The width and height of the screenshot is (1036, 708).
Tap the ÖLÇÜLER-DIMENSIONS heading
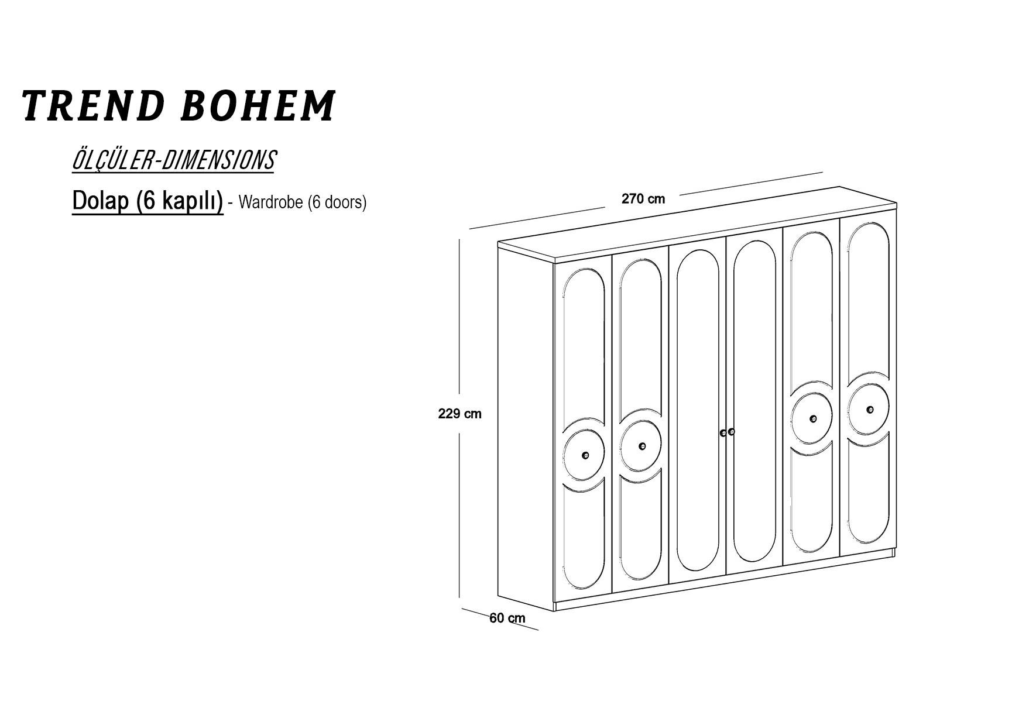[173, 160]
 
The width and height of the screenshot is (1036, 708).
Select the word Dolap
[100, 201]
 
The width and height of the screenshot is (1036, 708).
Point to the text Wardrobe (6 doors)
[303, 202]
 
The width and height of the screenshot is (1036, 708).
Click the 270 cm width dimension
[643, 199]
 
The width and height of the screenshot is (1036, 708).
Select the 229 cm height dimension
[460, 414]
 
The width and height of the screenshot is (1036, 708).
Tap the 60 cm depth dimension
[507, 618]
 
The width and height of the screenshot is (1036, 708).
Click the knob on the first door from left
[585, 455]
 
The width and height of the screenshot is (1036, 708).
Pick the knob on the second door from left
[642, 446]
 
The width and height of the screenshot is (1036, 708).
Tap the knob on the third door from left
[723, 433]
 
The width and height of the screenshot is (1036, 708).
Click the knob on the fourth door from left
[731, 432]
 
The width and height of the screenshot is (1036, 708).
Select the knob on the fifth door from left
[813, 418]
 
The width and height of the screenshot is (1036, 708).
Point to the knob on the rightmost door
[870, 410]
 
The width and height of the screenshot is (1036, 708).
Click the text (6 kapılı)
[179, 201]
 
